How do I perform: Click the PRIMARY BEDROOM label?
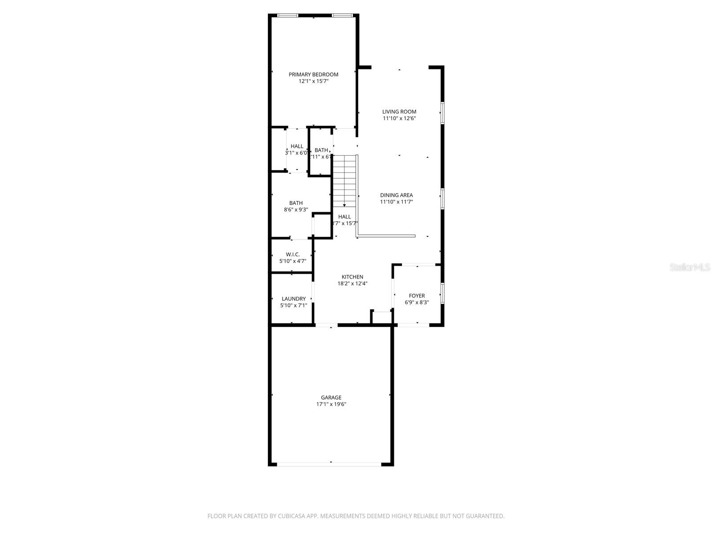click(x=313, y=74)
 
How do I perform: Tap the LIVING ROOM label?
click(x=399, y=112)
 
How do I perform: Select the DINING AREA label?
click(x=396, y=195)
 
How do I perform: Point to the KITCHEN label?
click(x=352, y=277)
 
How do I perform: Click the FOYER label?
click(x=417, y=295)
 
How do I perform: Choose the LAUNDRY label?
click(x=293, y=299)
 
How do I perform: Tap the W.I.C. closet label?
click(x=292, y=255)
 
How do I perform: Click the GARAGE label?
click(x=331, y=397)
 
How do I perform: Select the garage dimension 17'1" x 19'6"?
click(x=331, y=405)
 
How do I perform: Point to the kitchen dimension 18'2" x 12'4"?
click(x=352, y=283)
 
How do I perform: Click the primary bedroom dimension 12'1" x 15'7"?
click(x=313, y=81)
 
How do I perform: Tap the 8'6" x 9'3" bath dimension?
click(x=296, y=210)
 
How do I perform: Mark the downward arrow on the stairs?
click(x=344, y=204)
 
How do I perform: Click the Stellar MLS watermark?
click(x=690, y=267)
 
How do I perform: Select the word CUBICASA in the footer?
click(x=294, y=516)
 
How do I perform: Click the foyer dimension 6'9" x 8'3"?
click(x=417, y=303)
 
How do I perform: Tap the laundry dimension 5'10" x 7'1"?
click(x=293, y=306)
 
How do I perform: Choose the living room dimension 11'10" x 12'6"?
click(x=399, y=119)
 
